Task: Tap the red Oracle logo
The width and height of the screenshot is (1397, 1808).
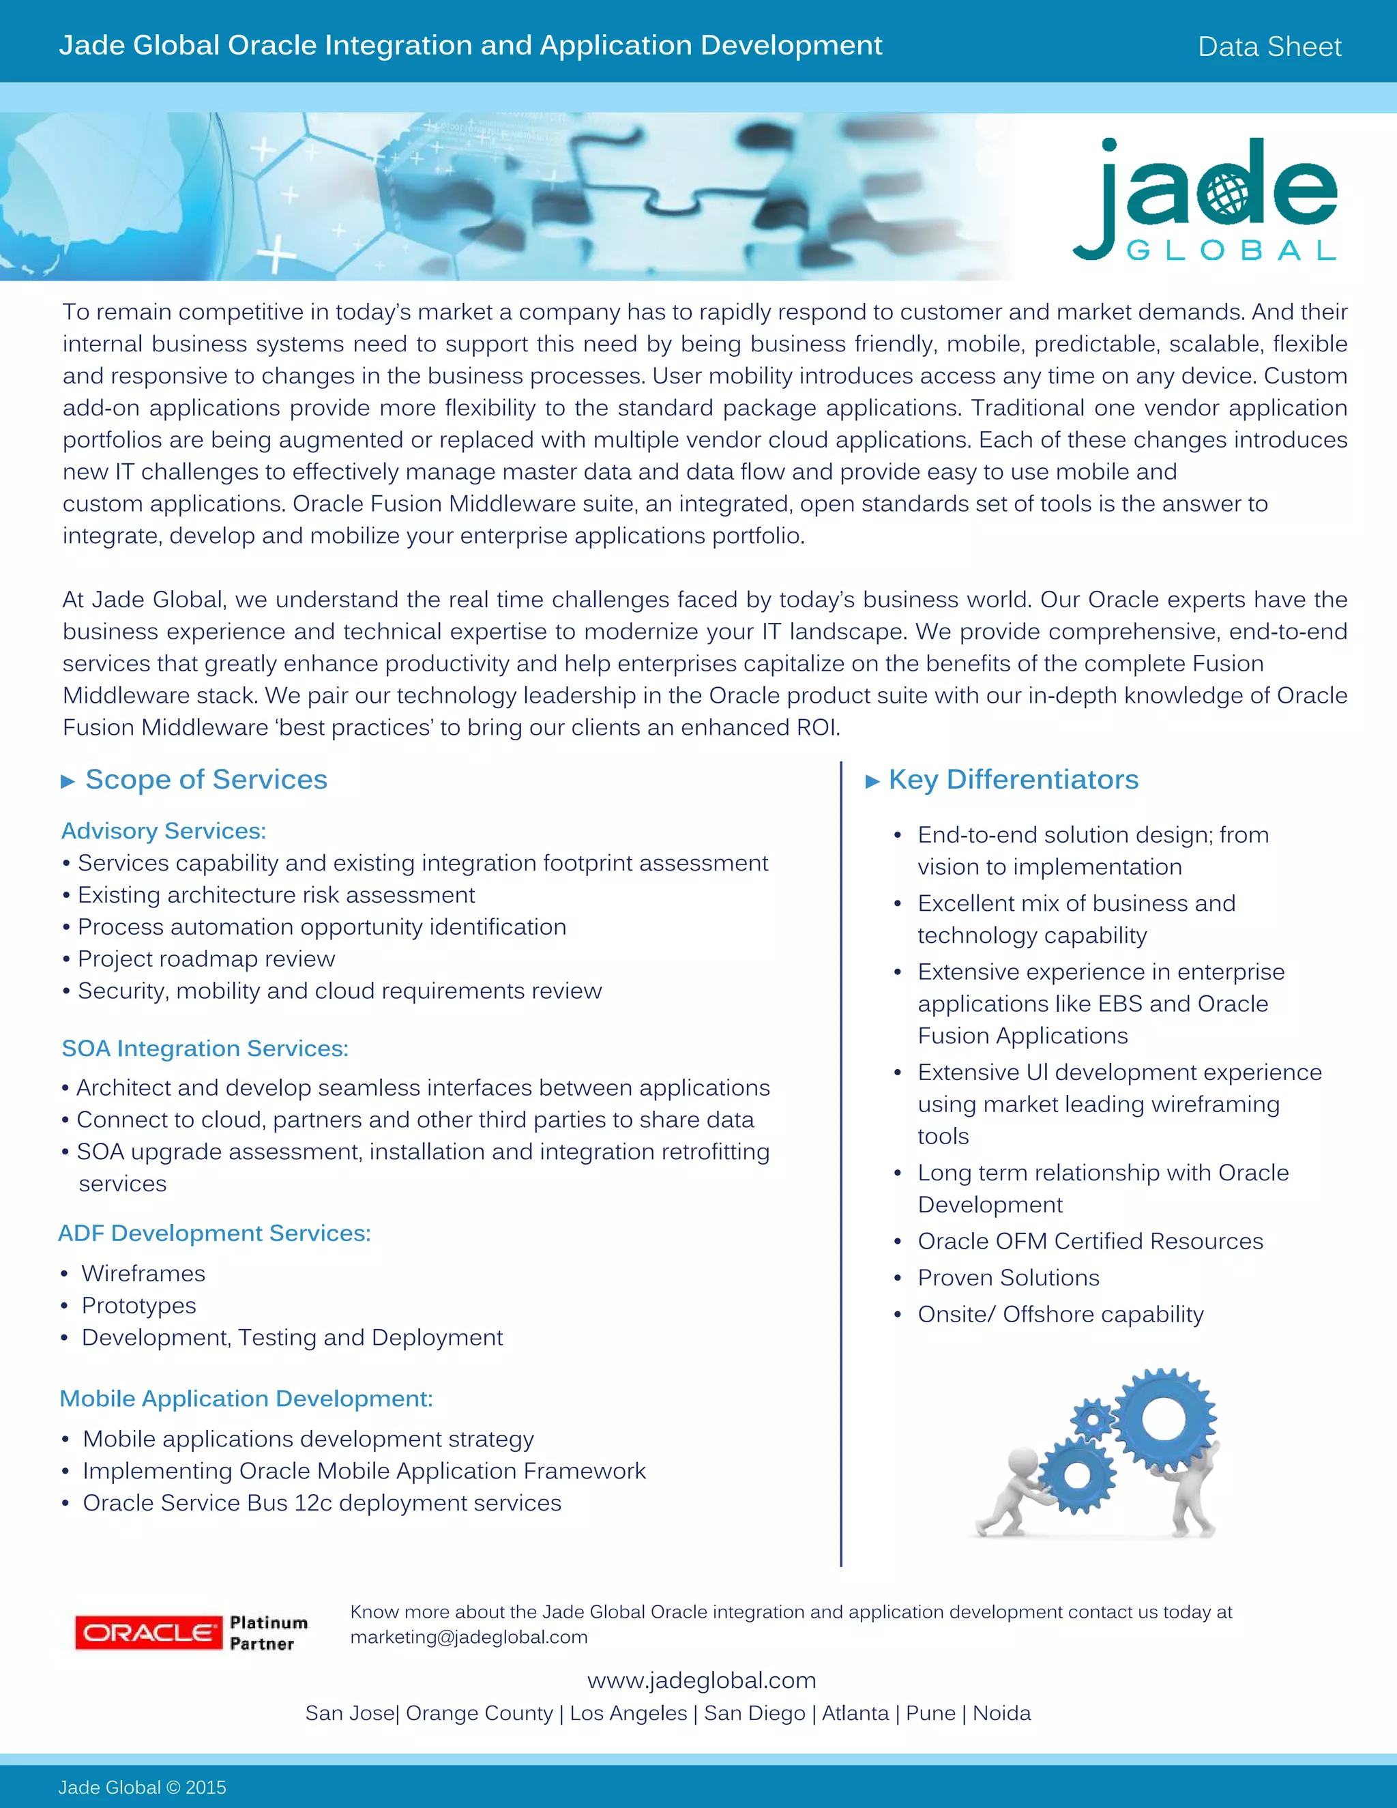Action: pos(148,1632)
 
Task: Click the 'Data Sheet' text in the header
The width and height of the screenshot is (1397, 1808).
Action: pos(1269,46)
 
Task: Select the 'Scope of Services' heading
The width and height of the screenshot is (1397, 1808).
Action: pos(206,780)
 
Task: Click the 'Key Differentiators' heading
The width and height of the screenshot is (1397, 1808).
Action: pos(1013,780)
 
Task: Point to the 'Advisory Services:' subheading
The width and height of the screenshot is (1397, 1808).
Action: pos(164,831)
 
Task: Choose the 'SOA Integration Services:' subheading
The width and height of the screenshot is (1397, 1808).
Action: pos(205,1049)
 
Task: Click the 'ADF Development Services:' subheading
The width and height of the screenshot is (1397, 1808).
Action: pos(214,1234)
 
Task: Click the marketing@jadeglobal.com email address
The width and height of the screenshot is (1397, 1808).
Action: pos(469,1637)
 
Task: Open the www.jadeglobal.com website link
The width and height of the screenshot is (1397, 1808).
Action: pos(701,1680)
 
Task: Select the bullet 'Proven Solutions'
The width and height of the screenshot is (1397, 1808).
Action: pos(1008,1278)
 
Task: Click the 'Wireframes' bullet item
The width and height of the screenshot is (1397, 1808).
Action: pos(143,1274)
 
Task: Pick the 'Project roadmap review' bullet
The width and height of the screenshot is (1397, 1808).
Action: pos(206,959)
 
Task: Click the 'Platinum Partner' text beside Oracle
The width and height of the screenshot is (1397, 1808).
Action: pos(267,1633)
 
